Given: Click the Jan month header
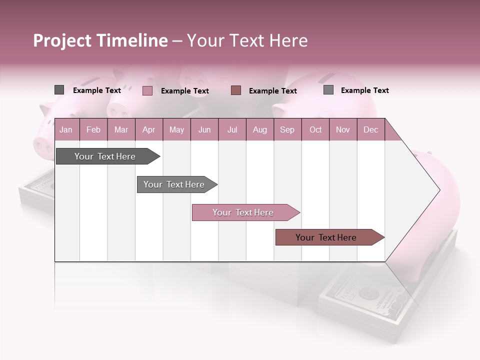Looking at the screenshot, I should pos(66,130).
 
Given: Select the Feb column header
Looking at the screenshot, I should pos(93,130).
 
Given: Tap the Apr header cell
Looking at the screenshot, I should pos(148,130).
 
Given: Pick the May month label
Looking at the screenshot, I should pos(176,130).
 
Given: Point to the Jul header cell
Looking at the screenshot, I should pos(232,130).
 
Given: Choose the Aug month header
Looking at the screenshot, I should pos(259,130).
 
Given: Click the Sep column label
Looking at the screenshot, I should pos(287,130).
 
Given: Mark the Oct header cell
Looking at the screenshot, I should pos(315,130).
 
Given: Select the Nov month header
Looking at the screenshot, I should pos(342,130).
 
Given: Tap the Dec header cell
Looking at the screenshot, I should pos(370,130).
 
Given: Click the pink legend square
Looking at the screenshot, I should pos(147,90).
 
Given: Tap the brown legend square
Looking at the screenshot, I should pos(236,90).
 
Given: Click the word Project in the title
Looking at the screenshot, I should pos(62,40).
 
